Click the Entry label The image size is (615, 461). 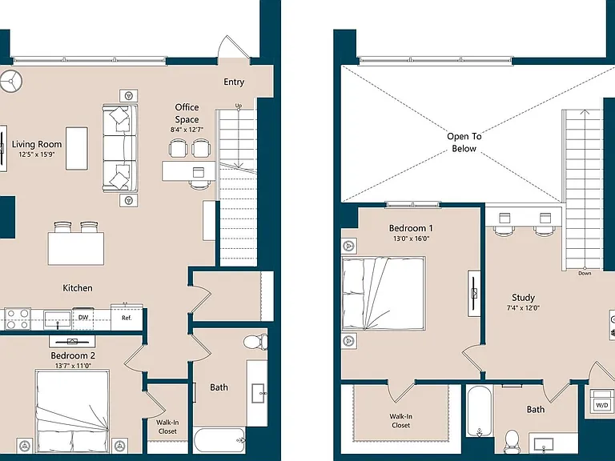[x=234, y=82]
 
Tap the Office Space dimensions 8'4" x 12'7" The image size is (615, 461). [x=187, y=130]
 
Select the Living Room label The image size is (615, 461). [x=37, y=144]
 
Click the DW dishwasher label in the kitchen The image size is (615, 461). [x=83, y=317]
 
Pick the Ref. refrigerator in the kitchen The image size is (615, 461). [x=127, y=317]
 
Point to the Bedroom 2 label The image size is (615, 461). [x=73, y=355]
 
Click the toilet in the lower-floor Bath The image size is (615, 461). [x=255, y=341]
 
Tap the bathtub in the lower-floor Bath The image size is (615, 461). [x=219, y=440]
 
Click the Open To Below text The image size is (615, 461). [x=464, y=142]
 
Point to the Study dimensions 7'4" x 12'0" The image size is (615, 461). [x=523, y=308]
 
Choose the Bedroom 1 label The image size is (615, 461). [x=411, y=228]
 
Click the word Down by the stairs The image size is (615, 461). [x=585, y=273]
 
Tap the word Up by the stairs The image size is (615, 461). [x=239, y=106]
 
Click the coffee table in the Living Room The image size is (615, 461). [x=77, y=148]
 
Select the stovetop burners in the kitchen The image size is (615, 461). [x=18, y=319]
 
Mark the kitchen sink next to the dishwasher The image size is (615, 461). [x=58, y=320]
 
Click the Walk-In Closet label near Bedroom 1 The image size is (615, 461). [x=401, y=421]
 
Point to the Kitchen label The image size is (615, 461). [x=78, y=288]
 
